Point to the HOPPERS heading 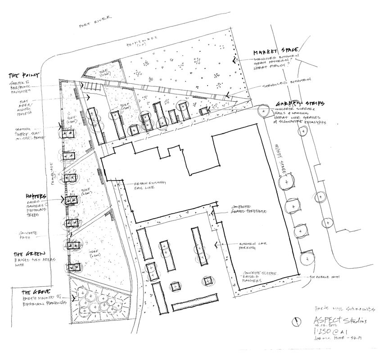pyautogui.click(x=36, y=197)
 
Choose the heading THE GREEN pyautogui.click(x=27, y=253)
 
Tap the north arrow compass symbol pyautogui.click(x=297, y=323)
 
